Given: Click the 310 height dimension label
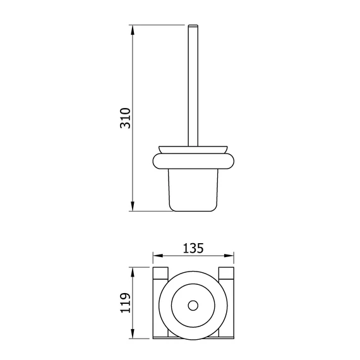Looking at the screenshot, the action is pyautogui.click(x=125, y=117).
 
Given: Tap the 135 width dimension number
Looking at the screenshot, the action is pyautogui.click(x=193, y=248).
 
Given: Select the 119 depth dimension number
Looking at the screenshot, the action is pyautogui.click(x=125, y=303).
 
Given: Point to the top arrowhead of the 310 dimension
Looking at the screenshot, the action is pyautogui.click(x=133, y=30).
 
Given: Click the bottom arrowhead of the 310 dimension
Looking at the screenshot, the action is pyautogui.click(x=133, y=206).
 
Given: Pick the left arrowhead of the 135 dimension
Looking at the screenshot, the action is pyautogui.click(x=158, y=256).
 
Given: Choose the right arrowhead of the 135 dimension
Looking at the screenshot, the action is pyautogui.click(x=229, y=256).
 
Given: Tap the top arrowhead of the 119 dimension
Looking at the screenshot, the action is pyautogui.click(x=133, y=272).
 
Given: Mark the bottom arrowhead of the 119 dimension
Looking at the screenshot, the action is pyautogui.click(x=133, y=333).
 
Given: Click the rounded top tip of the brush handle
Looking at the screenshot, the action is pyautogui.click(x=193, y=25).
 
